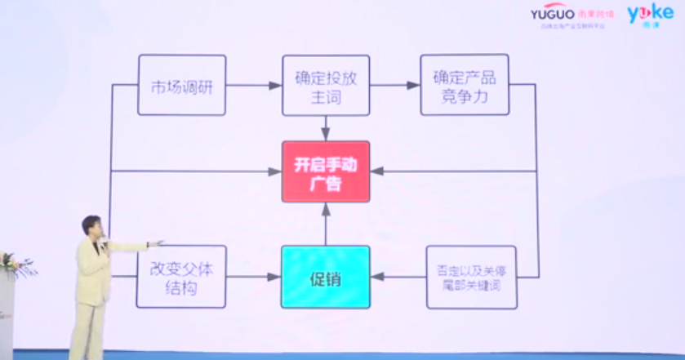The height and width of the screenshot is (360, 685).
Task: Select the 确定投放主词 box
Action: pos(326,85)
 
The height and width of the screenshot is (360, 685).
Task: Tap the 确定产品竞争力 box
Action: pos(464,85)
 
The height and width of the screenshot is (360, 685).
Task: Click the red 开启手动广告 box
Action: pos(326,171)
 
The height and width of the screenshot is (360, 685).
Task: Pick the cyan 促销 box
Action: pos(326,277)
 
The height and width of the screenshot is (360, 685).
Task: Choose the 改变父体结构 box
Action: pos(180,277)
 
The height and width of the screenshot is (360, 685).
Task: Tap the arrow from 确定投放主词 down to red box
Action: pos(326,127)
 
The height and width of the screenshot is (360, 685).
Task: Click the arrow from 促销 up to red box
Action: pos(326,224)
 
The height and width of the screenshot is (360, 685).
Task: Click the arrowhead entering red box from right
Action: pos(376,171)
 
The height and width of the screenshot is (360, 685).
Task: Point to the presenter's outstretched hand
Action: pos(158,242)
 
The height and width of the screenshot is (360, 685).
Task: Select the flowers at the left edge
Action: pos(10,264)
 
